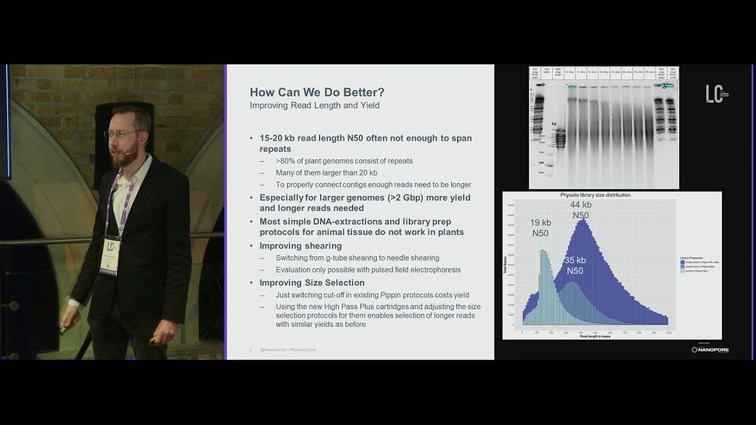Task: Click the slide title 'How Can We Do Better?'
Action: click(317, 93)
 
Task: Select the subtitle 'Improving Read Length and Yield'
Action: click(314, 106)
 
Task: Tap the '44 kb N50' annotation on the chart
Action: click(581, 210)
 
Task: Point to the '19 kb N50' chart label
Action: click(540, 228)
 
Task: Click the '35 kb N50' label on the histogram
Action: click(575, 266)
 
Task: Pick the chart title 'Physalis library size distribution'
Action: click(595, 195)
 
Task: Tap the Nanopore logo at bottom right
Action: click(710, 349)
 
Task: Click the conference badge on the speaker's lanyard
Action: click(110, 254)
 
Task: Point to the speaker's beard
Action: click(123, 156)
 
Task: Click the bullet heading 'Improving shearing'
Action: click(300, 246)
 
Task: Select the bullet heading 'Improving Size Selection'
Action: click(312, 283)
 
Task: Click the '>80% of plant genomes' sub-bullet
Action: click(344, 161)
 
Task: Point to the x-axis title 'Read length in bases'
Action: click(595, 336)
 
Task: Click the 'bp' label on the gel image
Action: click(554, 124)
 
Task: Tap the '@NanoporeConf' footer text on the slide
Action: click(273, 350)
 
